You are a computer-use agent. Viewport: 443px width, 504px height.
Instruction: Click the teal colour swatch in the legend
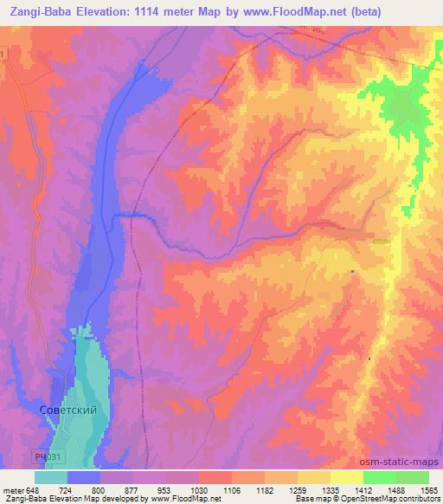point(51,477)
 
